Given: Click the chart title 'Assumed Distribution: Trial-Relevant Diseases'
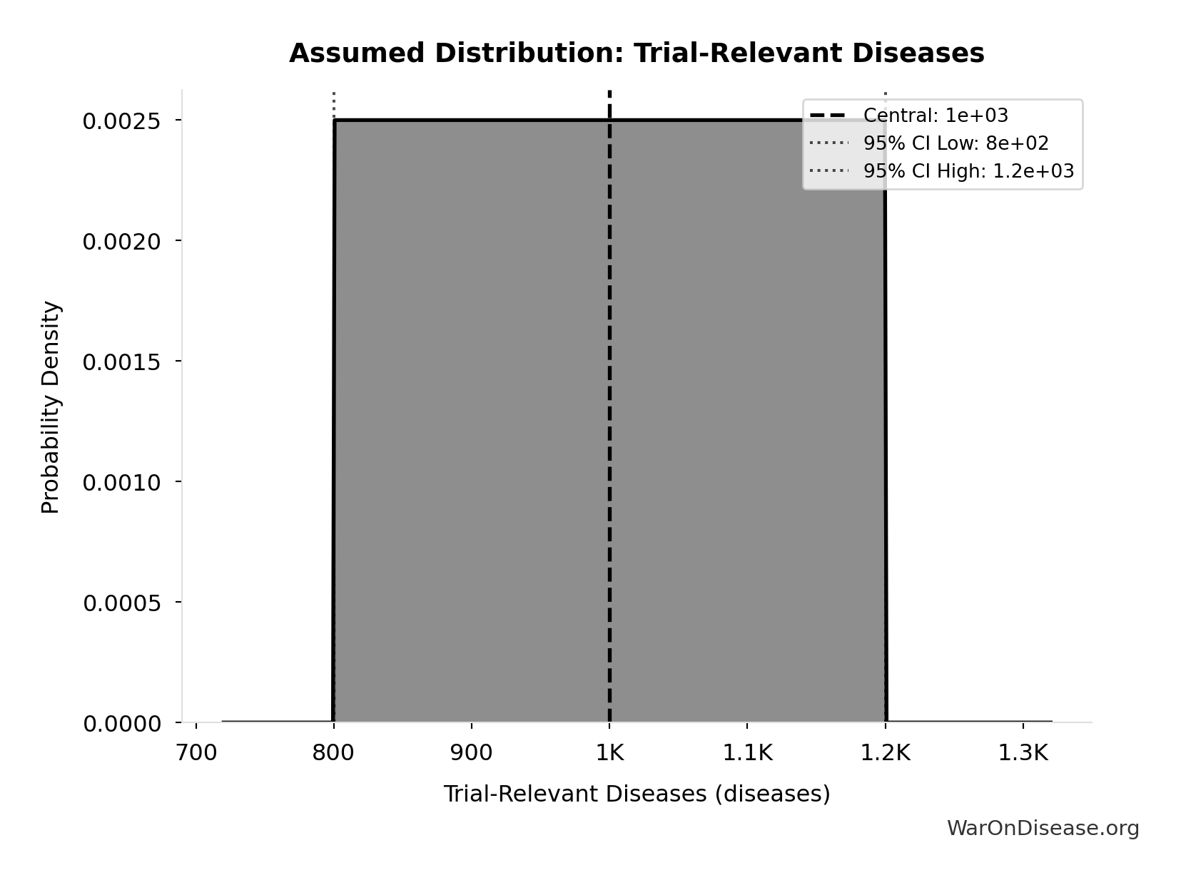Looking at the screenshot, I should point(637,53).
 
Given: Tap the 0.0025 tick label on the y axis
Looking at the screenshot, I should point(121,121).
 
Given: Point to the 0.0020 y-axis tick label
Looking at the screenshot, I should point(121,242).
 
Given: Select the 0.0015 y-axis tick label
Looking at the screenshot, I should point(121,362).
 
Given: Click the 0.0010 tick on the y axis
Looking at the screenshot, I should point(121,483).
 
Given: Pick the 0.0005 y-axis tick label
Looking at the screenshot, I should point(121,603).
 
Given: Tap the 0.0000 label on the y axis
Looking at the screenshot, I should point(121,724).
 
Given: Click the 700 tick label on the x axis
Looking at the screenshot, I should point(196,752).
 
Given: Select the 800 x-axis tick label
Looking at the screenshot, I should point(333,752).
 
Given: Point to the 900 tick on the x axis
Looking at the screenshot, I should point(471,752).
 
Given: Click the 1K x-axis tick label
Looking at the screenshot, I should point(609,752).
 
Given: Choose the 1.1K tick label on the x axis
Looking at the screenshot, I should point(747,752).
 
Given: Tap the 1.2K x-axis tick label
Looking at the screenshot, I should point(885,752).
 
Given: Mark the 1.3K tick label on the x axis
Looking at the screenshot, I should point(1023,752).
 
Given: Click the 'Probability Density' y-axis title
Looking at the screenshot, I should point(51,407).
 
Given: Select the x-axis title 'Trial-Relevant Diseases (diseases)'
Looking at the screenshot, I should point(637,794).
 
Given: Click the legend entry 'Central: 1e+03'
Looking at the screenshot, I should point(935,116).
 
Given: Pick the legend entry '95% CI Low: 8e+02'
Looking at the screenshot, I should point(956,143).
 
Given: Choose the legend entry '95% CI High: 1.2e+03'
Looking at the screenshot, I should point(968,171).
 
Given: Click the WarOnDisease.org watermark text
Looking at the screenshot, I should point(1043,828).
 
